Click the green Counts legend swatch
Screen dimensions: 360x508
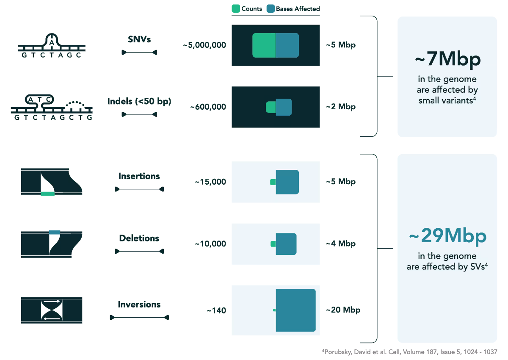click(236, 8)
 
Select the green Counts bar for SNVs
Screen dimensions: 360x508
click(264, 45)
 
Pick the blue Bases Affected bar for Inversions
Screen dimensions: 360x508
click(295, 310)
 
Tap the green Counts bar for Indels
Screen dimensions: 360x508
click(271, 107)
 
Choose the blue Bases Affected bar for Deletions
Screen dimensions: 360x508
click(286, 244)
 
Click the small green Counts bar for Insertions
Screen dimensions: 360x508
click(273, 182)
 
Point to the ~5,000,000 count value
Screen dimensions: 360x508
click(204, 45)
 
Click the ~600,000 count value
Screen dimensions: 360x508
click(208, 107)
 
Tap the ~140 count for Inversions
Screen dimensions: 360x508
click(216, 310)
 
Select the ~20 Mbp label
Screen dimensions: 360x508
click(343, 310)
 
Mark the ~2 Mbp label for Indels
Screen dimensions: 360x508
click(341, 107)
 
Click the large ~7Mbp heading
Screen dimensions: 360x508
click(447, 60)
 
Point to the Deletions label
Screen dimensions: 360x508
click(139, 238)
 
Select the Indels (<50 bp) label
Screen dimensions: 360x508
click(139, 102)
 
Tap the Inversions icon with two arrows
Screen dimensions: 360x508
click(52, 310)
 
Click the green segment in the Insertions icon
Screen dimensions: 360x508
click(47, 194)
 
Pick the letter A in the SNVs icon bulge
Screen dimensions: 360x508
click(51, 42)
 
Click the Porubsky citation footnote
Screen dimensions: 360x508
click(409, 352)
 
